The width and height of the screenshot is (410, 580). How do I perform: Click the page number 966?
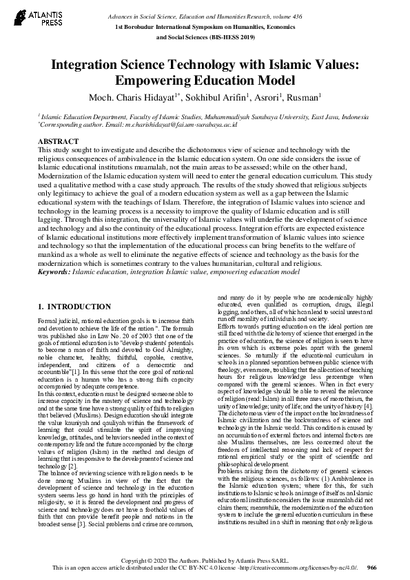point(372,567)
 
